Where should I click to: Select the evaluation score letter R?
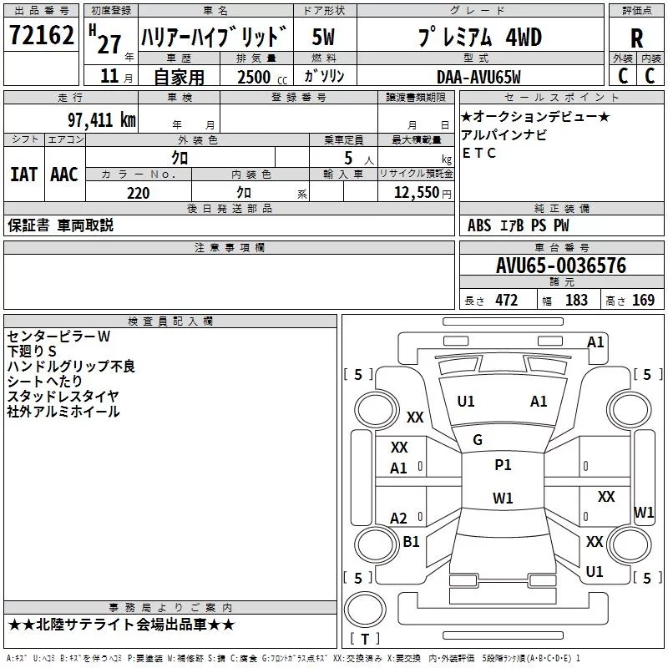[x=637, y=38]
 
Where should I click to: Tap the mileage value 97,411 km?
[x=101, y=120]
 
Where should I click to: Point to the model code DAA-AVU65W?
[x=478, y=77]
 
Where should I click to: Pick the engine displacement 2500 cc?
[x=256, y=77]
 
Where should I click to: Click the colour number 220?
[x=138, y=193]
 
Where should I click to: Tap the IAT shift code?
[x=23, y=174]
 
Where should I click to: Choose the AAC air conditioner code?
[x=64, y=174]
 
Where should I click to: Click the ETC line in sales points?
[x=479, y=153]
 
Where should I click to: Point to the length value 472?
[x=507, y=301]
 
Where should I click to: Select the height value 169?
[x=644, y=301]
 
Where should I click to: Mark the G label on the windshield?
[x=478, y=440]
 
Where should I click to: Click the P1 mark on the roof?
[x=503, y=465]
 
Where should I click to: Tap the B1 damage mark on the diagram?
[x=411, y=542]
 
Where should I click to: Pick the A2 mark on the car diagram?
[x=399, y=519]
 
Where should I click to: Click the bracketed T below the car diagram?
[x=365, y=639]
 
